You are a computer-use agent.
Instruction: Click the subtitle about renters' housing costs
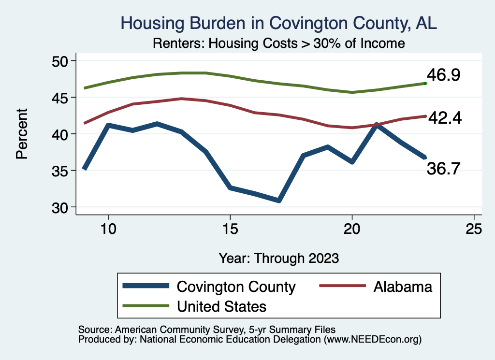click(278, 43)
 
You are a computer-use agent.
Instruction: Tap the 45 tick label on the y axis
click(62, 98)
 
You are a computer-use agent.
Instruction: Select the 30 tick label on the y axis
click(62, 207)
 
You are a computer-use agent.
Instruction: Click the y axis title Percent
click(21, 134)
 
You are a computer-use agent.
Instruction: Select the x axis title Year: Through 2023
click(278, 258)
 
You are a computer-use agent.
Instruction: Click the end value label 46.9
click(443, 75)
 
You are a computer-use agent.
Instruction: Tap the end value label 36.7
click(443, 169)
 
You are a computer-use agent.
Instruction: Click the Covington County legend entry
click(236, 287)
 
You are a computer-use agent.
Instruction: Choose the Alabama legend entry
click(402, 287)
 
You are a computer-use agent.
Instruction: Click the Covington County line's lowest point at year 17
click(279, 200)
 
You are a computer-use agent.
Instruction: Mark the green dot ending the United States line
click(425, 84)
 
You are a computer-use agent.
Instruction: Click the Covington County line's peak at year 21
click(377, 125)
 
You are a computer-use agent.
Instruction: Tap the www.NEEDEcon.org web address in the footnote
click(372, 340)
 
